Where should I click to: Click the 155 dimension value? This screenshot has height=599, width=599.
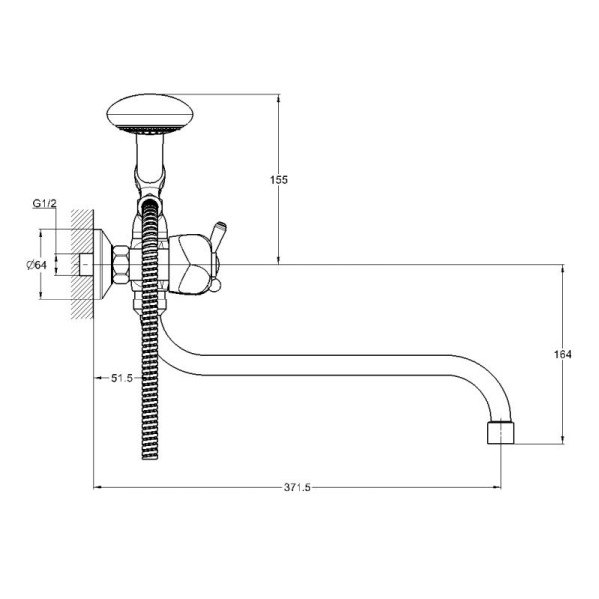click(279, 179)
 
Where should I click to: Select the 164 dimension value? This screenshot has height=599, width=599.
click(563, 354)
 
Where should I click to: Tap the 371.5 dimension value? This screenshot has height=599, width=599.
click(298, 488)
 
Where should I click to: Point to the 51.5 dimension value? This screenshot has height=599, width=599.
click(122, 378)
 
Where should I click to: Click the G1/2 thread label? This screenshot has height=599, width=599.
click(44, 204)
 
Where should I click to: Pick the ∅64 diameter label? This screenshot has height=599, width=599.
click(37, 264)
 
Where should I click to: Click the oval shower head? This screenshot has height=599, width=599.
click(150, 114)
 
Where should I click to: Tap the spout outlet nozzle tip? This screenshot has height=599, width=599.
click(501, 433)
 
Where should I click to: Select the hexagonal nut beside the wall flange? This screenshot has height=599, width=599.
click(120, 264)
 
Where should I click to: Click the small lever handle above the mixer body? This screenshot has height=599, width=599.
click(218, 232)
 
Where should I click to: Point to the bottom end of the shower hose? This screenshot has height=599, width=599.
click(150, 456)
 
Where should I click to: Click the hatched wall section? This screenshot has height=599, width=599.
click(82, 264)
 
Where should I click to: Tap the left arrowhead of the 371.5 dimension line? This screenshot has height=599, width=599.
click(97, 487)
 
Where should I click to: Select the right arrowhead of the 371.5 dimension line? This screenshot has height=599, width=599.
click(497, 487)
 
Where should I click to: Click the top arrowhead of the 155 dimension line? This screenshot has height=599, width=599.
click(278, 98)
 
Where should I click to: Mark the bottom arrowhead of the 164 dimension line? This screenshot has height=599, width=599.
click(562, 440)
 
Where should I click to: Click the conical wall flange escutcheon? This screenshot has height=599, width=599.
click(103, 264)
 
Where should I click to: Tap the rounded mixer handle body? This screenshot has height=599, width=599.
click(190, 264)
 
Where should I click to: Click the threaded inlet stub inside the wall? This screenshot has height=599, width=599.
click(86, 264)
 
